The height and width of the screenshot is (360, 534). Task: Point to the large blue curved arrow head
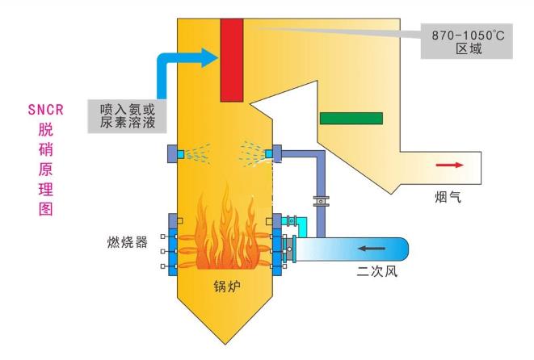(x=207, y=57)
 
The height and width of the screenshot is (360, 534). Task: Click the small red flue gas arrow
(x=449, y=165)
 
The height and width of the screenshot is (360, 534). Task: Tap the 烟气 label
(x=448, y=195)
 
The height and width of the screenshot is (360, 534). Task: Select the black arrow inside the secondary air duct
(x=372, y=248)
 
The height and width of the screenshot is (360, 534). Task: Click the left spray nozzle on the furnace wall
(x=172, y=153)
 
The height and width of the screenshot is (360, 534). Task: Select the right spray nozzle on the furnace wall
(x=273, y=153)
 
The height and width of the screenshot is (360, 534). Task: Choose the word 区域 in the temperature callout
(x=468, y=49)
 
